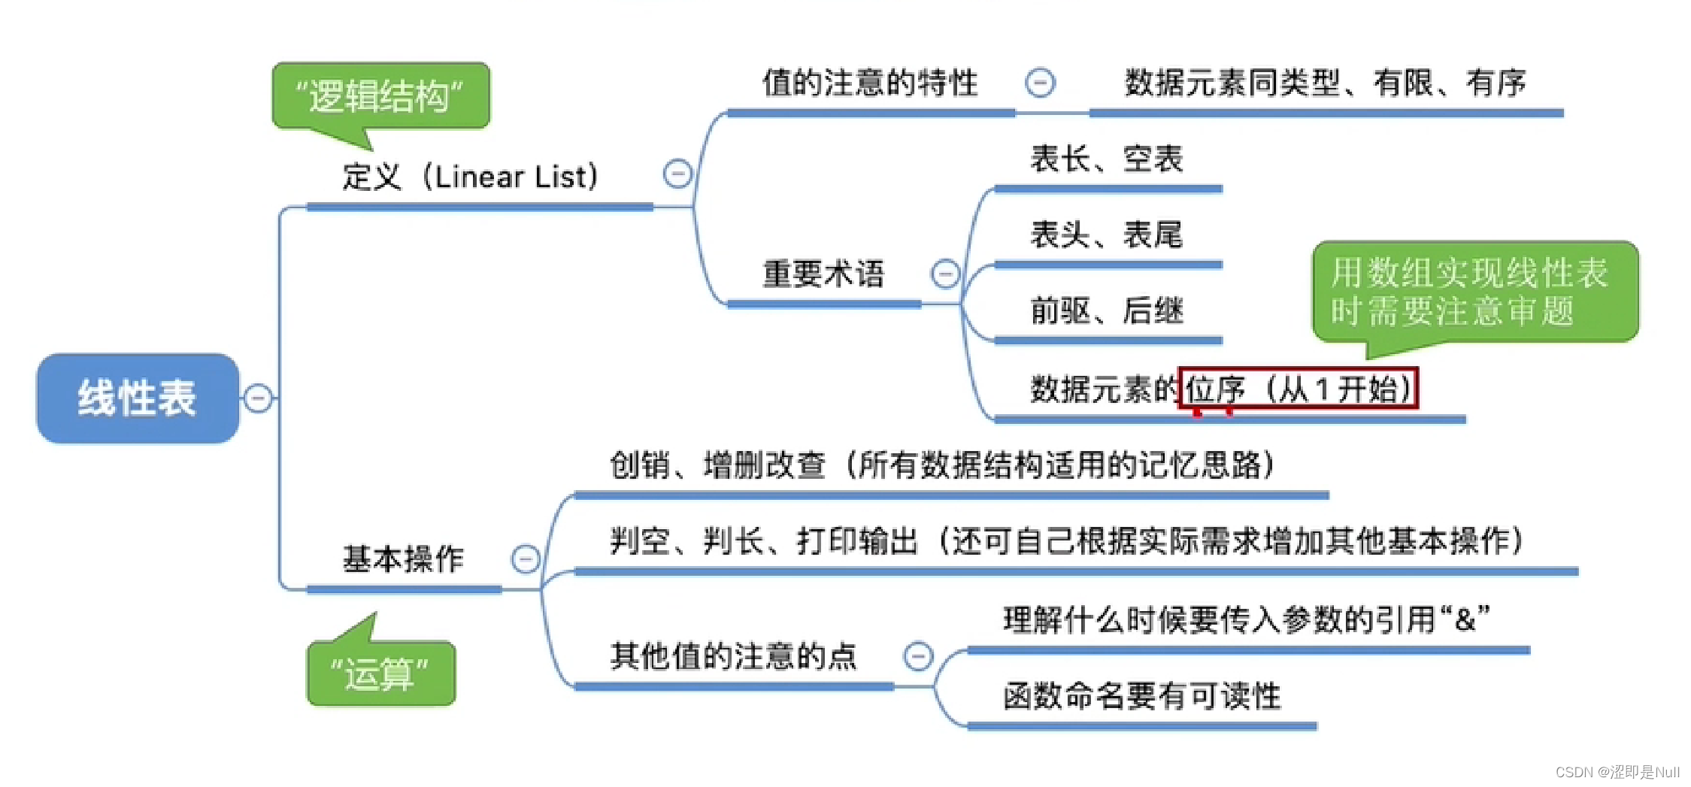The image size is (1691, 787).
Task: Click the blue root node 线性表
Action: point(138,398)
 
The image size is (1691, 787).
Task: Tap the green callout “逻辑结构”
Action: point(380,96)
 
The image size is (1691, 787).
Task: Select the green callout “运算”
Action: point(380,673)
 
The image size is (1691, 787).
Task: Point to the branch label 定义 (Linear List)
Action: point(471,177)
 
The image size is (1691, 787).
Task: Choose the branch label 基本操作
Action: point(403,559)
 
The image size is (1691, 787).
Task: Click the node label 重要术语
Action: point(823,274)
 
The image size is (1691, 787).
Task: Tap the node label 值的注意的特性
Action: point(870,83)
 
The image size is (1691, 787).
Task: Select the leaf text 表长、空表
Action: point(1107,159)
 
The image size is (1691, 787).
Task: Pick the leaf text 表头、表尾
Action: point(1107,235)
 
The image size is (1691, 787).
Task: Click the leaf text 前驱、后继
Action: point(1107,311)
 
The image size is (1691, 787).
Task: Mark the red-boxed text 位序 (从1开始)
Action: point(1299,389)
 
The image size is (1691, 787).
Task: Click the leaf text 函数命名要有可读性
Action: point(1141,696)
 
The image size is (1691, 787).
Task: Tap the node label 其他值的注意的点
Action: point(733,656)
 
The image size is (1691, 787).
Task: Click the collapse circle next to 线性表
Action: point(258,398)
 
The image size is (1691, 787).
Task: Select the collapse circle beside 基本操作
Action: point(526,559)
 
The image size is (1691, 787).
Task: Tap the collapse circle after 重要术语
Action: point(945,274)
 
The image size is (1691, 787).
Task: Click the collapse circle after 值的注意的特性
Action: point(1040,83)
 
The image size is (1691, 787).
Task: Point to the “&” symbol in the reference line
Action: point(1465,620)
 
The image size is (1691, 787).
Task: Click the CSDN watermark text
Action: point(1617,772)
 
